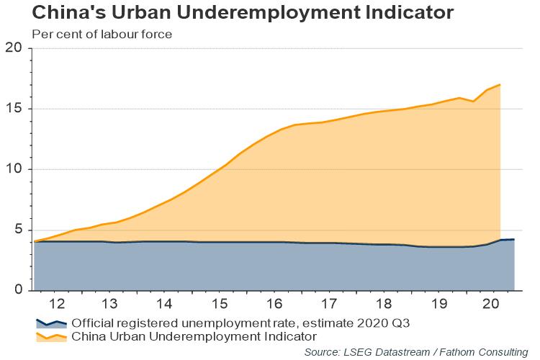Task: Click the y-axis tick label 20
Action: pyautogui.click(x=14, y=48)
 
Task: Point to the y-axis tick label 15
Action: pyautogui.click(x=14, y=109)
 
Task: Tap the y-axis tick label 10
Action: pyautogui.click(x=14, y=169)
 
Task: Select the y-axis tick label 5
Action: pyautogui.click(x=18, y=230)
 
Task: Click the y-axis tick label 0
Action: pyautogui.click(x=18, y=290)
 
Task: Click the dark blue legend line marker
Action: pyautogui.click(x=51, y=323)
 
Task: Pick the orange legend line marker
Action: pyautogui.click(x=51, y=336)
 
